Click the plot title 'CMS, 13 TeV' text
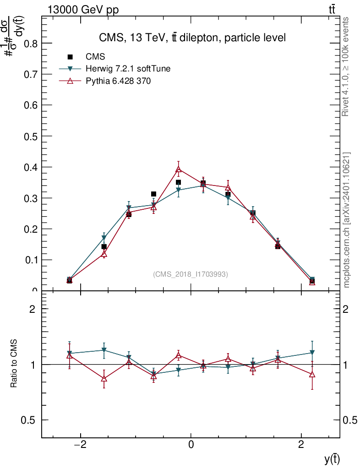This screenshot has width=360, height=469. coord(192,38)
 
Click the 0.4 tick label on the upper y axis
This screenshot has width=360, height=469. coord(30,167)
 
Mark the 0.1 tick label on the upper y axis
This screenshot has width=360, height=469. coord(30,260)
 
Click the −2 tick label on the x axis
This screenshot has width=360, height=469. coord(81,444)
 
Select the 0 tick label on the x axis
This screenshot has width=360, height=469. coord(191,444)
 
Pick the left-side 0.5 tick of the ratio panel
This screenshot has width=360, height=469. coord(30,420)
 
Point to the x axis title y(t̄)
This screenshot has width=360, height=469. coord(332,459)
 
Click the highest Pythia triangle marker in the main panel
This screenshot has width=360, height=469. coord(179,169)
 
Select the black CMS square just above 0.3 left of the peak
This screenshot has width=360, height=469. coord(153,194)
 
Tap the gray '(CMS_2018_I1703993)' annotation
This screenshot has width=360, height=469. coord(190,274)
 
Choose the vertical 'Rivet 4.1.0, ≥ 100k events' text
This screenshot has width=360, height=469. coord(346,67)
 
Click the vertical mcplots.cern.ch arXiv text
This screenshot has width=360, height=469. coord(347,220)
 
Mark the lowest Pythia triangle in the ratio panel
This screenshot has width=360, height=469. coord(104,378)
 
